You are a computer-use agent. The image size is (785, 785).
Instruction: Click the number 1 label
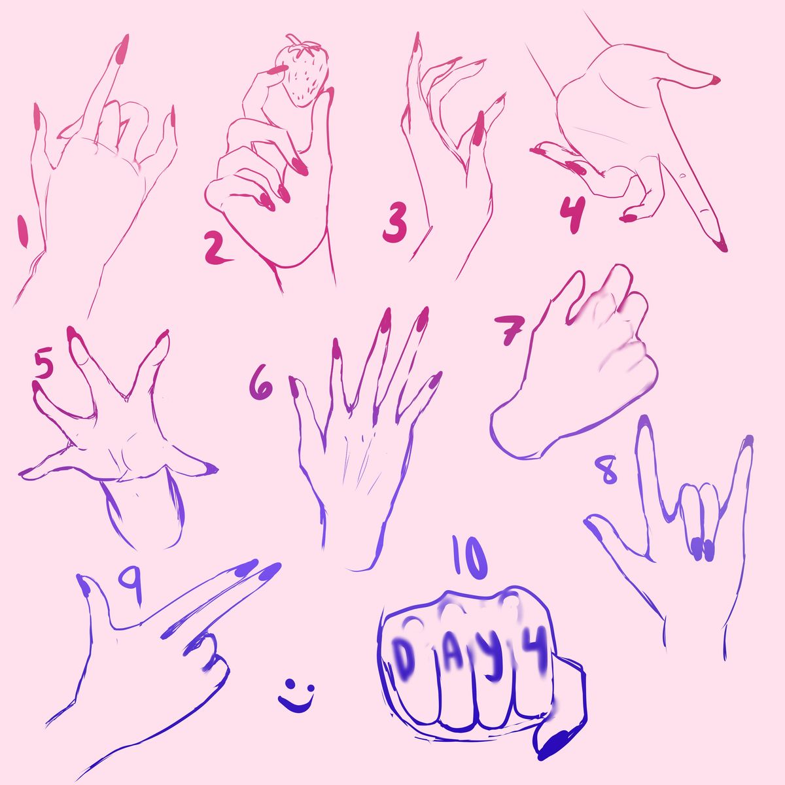coord(23,231)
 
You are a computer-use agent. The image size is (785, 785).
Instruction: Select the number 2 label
coord(217,248)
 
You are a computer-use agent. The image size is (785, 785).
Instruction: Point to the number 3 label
coord(394,223)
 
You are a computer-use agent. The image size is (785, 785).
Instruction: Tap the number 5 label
coord(44,362)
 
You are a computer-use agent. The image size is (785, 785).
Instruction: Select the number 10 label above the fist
coord(470,558)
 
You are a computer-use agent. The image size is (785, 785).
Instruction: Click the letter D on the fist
coord(404,656)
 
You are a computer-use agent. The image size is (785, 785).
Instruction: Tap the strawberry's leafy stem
coord(302,45)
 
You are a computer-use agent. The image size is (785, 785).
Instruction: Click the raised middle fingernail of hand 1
coord(122,49)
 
